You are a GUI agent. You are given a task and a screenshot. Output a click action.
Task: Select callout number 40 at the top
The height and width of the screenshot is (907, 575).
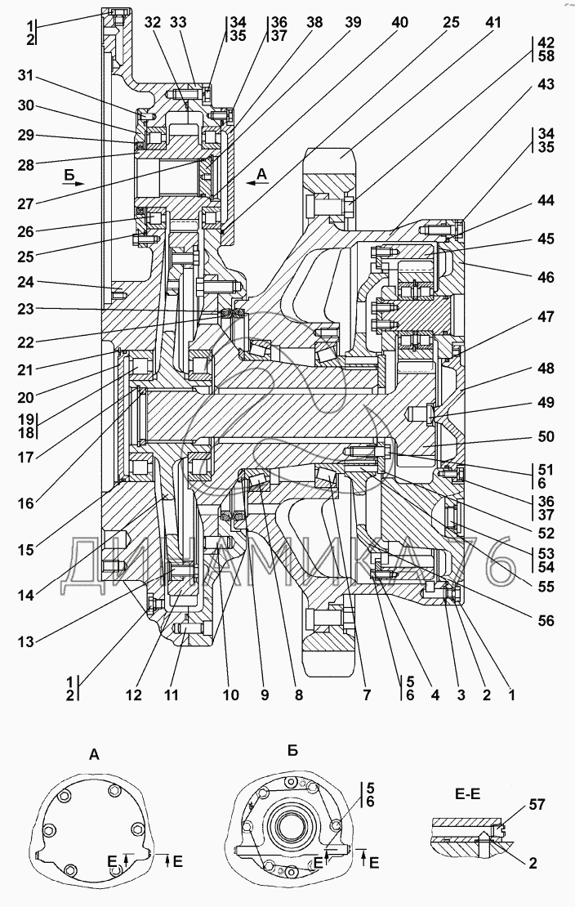(400, 24)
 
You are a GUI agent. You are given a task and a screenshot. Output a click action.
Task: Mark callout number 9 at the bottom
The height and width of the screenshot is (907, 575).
(264, 695)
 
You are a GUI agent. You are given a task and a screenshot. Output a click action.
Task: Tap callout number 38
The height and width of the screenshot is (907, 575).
(314, 24)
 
